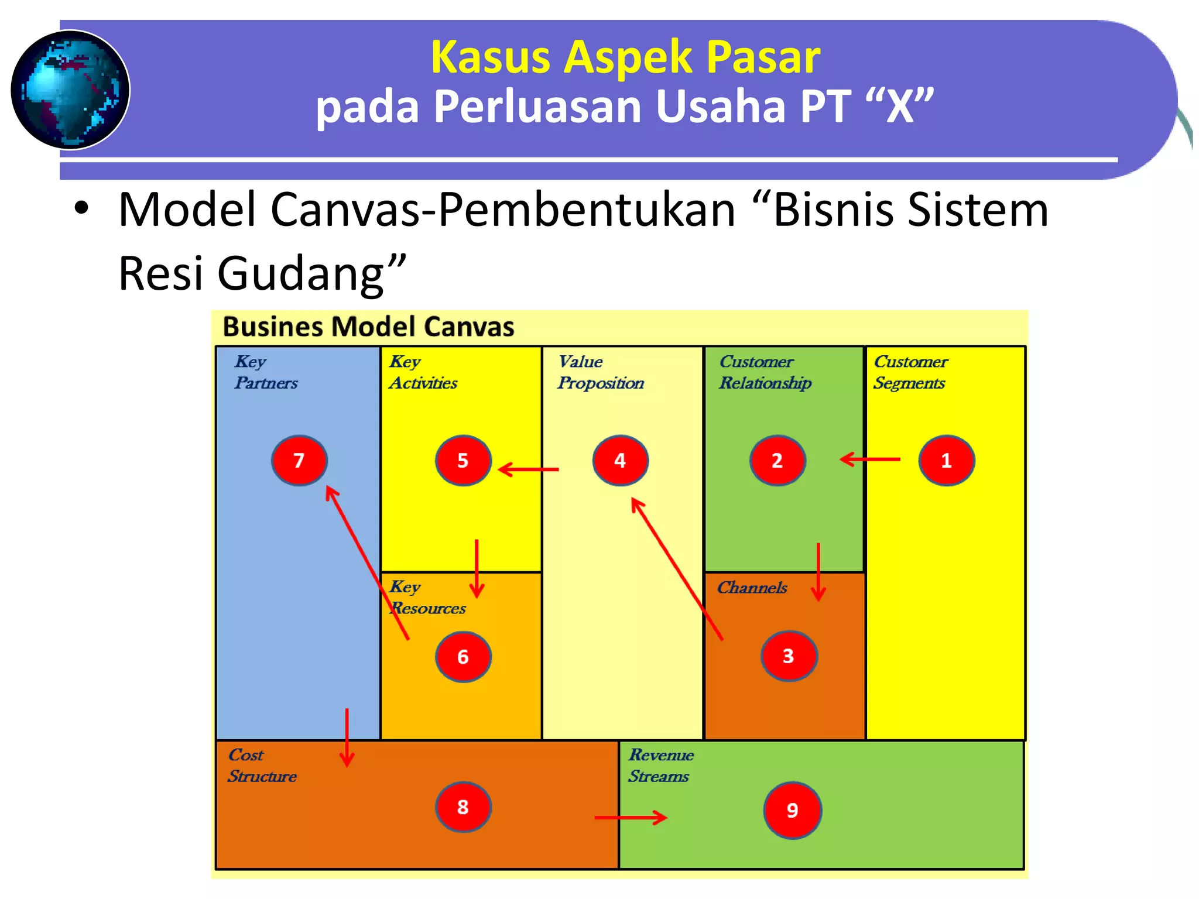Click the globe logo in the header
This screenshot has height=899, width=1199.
(70, 90)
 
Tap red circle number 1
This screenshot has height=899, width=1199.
(946, 461)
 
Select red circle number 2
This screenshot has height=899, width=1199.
(777, 461)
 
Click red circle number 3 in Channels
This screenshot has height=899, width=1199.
(789, 656)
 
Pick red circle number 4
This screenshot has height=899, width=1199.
(620, 461)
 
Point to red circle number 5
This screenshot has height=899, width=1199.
(463, 461)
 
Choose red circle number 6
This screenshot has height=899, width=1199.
(463, 657)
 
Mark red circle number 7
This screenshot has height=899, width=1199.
(299, 461)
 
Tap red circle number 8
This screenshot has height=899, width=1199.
(463, 807)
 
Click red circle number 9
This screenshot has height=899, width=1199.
(792, 810)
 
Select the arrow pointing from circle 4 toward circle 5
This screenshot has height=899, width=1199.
(528, 469)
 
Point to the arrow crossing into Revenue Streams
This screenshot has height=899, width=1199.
(631, 817)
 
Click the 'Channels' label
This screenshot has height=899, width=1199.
(752, 587)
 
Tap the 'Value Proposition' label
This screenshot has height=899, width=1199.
(601, 372)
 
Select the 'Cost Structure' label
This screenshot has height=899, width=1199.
(262, 766)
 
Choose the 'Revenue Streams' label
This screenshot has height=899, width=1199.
(661, 766)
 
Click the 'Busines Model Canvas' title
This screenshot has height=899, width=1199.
(368, 327)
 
